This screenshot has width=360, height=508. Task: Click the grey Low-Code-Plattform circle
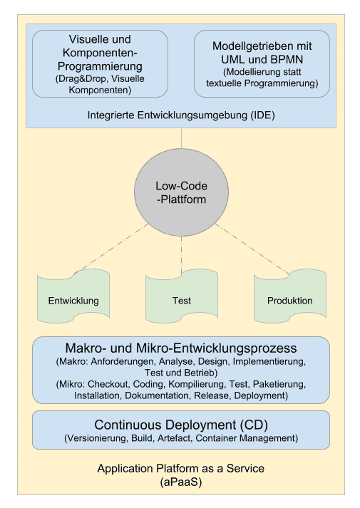[x=181, y=192]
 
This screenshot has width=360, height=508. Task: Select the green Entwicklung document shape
[x=73, y=300]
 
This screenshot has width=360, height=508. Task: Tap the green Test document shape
[x=181, y=300]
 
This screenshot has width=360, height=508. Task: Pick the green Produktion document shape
[x=289, y=300]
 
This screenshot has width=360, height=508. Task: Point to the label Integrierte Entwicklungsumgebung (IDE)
[x=181, y=115]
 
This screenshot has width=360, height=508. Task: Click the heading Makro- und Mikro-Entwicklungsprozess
[x=181, y=348]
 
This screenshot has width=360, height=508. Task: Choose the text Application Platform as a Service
[x=181, y=468]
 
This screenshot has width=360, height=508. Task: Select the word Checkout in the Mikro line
[x=109, y=384]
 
